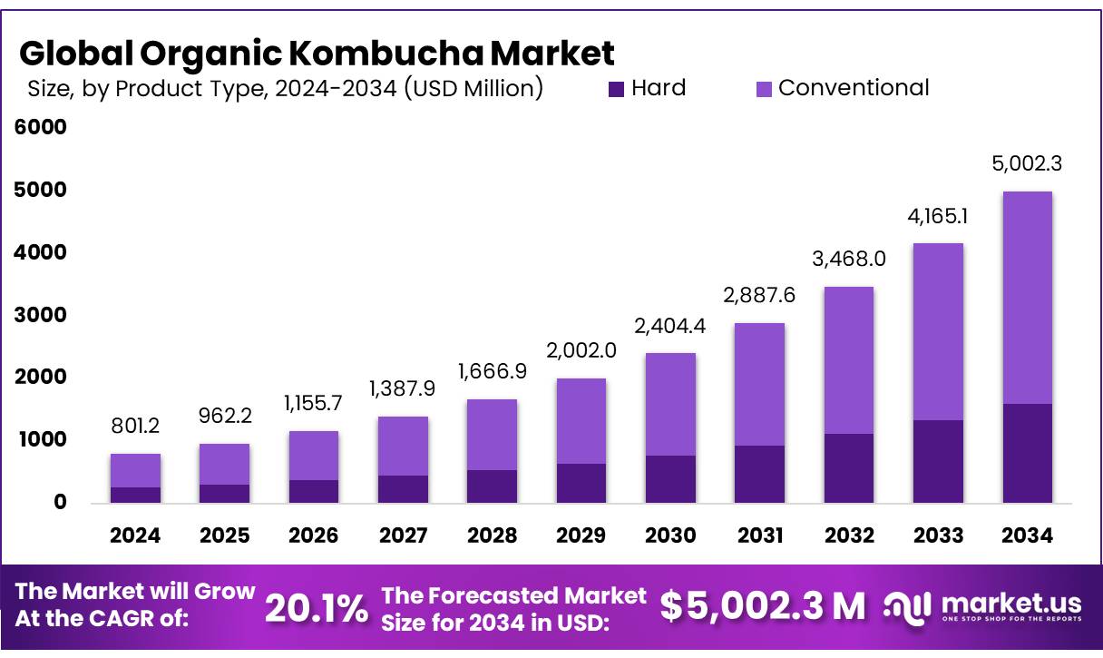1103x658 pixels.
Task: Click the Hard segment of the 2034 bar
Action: coord(1028,453)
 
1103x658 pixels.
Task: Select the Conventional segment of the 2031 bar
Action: coord(760,384)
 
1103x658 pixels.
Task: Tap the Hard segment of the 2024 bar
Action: coord(135,495)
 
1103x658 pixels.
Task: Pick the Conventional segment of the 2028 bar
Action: coord(493,435)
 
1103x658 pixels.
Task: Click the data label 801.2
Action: coord(135,425)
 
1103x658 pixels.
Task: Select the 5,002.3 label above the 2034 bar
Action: coord(1028,164)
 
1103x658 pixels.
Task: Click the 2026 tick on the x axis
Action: coord(314,535)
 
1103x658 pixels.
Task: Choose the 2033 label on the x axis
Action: coord(938,535)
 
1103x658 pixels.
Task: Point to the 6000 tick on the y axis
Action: coord(42,127)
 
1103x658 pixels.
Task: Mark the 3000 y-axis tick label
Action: coord(42,315)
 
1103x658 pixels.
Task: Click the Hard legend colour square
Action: coord(617,89)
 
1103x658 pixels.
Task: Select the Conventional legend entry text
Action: coord(854,88)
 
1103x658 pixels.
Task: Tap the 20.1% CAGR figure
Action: coord(317,609)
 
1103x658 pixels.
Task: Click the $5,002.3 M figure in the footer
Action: coord(763,606)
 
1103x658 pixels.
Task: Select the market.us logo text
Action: coord(1011,604)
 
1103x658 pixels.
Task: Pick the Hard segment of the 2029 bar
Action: coord(581,483)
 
